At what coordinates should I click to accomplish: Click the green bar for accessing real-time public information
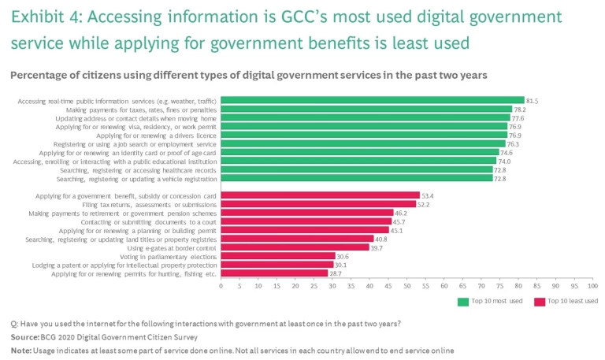(x=372, y=100)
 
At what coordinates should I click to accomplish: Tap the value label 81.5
(x=532, y=100)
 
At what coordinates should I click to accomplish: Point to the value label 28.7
(x=335, y=273)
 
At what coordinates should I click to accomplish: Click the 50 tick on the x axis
(x=407, y=285)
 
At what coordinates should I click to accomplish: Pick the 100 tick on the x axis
(x=592, y=285)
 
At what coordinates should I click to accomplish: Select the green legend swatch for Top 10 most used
(x=463, y=301)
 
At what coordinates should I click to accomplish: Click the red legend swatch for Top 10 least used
(x=540, y=301)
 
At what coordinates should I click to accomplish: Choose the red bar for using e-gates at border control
(x=295, y=247)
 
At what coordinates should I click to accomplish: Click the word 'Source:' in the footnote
(x=25, y=337)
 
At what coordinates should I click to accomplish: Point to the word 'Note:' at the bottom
(x=21, y=350)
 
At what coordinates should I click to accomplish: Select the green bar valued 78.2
(x=366, y=109)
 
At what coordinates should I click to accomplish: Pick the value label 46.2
(x=400, y=213)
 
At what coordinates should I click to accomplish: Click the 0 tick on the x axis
(x=221, y=285)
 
